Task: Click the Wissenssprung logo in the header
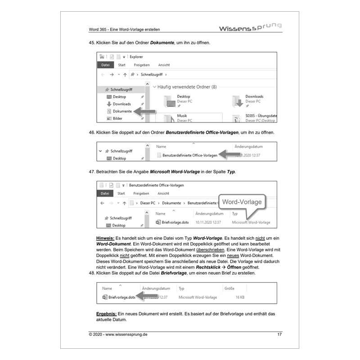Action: pos(250,28)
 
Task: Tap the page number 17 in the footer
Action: pos(279,334)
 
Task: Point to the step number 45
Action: pos(92,43)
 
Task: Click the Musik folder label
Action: pos(182,116)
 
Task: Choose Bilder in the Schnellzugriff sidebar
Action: pos(117,118)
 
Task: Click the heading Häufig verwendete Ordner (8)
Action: pos(187,86)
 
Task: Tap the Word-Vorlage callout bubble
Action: pos(242,202)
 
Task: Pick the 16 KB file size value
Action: pos(240,297)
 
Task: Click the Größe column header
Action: pos(229,288)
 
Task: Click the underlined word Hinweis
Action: pos(105,238)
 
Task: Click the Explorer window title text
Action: pos(136,57)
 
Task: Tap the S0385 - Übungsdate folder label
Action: pos(261,116)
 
